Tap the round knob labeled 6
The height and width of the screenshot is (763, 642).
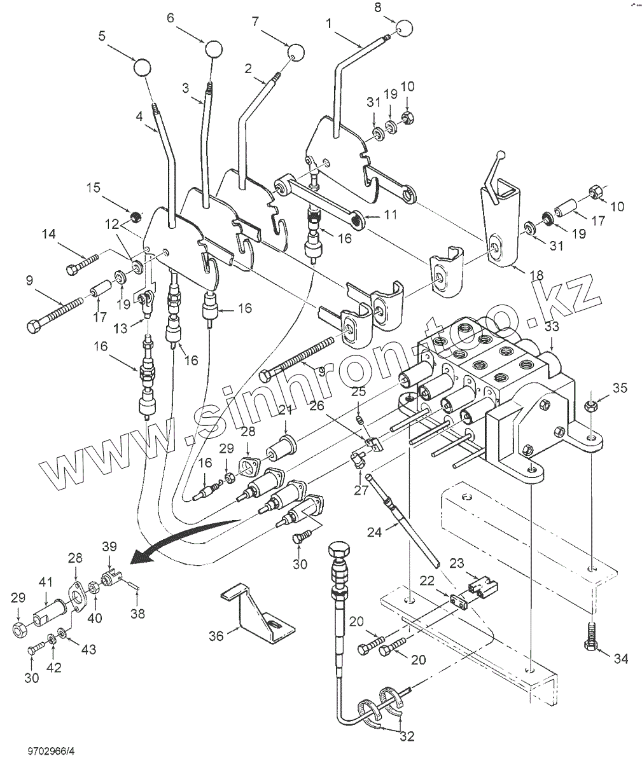(214, 48)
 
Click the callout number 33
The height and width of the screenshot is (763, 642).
(551, 328)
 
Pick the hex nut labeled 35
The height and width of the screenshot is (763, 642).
(589, 407)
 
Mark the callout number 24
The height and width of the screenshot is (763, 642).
(375, 532)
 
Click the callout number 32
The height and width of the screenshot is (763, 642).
(407, 736)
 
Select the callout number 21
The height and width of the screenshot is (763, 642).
(284, 412)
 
